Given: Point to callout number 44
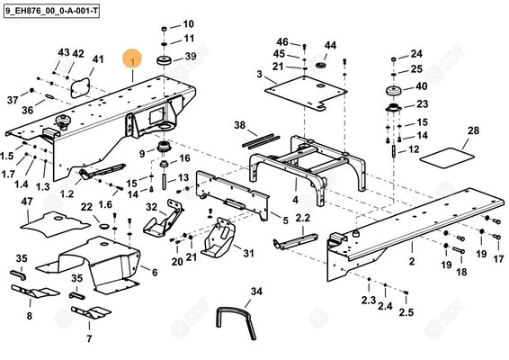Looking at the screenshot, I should tap(330, 45).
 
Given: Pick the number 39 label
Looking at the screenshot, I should tap(190, 57).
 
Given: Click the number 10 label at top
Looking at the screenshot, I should tap(188, 23).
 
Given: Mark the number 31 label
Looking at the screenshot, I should tap(248, 253).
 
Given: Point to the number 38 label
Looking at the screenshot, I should tap(239, 124).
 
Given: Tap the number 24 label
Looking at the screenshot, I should tap(415, 54).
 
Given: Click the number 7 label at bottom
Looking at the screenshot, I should tap(89, 339).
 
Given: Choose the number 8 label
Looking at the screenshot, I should tap(29, 316).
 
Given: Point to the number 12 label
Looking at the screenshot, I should tap(414, 148).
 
